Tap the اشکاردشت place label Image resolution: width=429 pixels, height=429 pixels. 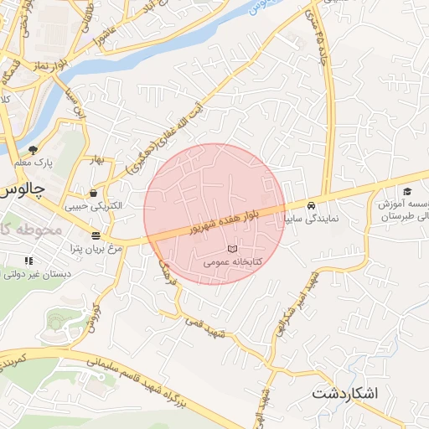(x=345, y=393)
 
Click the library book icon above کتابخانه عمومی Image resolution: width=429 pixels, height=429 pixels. (x=232, y=250)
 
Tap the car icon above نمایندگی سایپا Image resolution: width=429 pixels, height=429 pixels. (x=311, y=204)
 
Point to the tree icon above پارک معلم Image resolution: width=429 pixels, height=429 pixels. (x=44, y=145)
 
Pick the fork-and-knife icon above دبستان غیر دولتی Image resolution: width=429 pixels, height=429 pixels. (x=29, y=261)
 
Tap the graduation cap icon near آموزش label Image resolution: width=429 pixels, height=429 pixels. (x=407, y=192)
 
